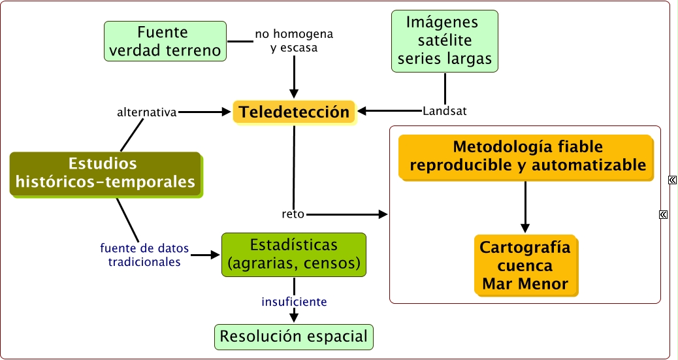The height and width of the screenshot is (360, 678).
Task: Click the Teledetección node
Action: (295, 112)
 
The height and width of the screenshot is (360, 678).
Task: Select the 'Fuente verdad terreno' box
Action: (165, 41)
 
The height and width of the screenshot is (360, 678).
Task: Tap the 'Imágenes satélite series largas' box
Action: (445, 41)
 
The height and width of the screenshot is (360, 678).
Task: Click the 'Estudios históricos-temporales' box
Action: (106, 174)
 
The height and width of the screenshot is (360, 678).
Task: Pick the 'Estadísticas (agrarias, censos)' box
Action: (294, 255)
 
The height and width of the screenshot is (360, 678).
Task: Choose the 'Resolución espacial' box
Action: (294, 336)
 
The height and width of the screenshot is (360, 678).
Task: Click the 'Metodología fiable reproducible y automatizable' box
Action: (526, 157)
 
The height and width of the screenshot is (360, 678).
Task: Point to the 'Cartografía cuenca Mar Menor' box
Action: (525, 266)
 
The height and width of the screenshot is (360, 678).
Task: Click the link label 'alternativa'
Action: (147, 112)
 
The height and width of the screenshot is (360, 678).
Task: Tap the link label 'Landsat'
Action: (445, 111)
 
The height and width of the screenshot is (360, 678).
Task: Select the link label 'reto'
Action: (293, 214)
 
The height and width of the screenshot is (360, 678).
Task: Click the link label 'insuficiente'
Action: (294, 302)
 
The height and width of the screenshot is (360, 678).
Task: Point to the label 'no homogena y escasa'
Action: (294, 41)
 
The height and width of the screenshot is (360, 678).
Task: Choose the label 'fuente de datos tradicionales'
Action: (144, 255)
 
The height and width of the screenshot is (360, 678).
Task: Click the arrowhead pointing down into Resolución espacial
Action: (294, 317)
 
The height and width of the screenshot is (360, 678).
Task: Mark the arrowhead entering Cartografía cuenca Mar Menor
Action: (525, 228)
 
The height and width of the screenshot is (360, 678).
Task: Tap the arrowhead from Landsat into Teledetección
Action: (363, 111)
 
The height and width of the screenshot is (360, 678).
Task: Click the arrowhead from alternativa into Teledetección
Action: (226, 112)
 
